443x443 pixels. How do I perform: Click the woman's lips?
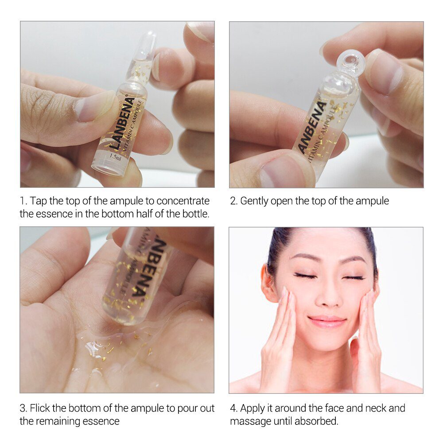pos(327,321)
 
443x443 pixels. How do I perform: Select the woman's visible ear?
pos(268,283)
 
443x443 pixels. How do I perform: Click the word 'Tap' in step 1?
pos(38,201)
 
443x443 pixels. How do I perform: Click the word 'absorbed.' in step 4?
pos(316,421)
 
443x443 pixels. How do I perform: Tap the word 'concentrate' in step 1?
pos(183,201)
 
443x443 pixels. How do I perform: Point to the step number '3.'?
pos(24,408)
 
